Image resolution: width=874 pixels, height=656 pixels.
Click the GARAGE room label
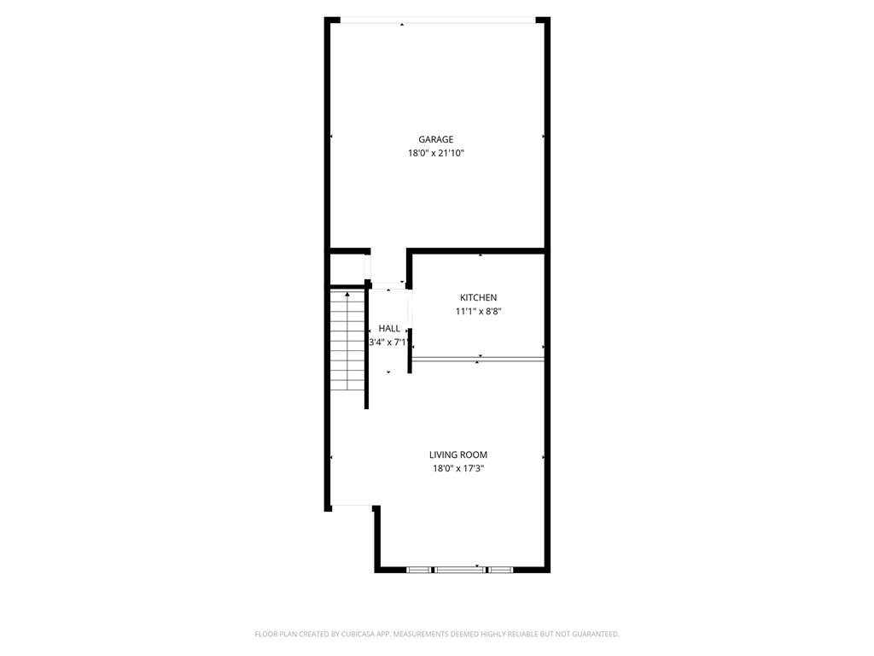[x=436, y=139]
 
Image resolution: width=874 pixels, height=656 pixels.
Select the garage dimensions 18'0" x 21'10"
[x=436, y=154]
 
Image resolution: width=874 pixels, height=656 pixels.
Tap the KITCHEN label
[x=478, y=298]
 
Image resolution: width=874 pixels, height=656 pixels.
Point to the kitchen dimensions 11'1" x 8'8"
[x=478, y=312]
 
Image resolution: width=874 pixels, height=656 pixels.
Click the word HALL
[x=389, y=329]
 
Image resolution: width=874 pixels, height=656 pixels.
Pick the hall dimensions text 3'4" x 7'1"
[x=389, y=343]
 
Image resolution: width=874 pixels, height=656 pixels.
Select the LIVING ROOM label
[x=458, y=455]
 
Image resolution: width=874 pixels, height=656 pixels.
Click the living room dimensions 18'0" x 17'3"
[x=458, y=469]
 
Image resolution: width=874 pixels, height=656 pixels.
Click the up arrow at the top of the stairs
[x=348, y=294]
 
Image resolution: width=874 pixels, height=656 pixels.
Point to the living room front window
[x=460, y=570]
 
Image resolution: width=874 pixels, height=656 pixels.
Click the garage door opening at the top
[x=438, y=20]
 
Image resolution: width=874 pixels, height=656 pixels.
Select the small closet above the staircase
[x=348, y=269]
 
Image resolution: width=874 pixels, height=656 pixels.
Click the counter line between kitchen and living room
[x=478, y=360]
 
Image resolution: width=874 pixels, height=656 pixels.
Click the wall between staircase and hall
[x=367, y=347]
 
